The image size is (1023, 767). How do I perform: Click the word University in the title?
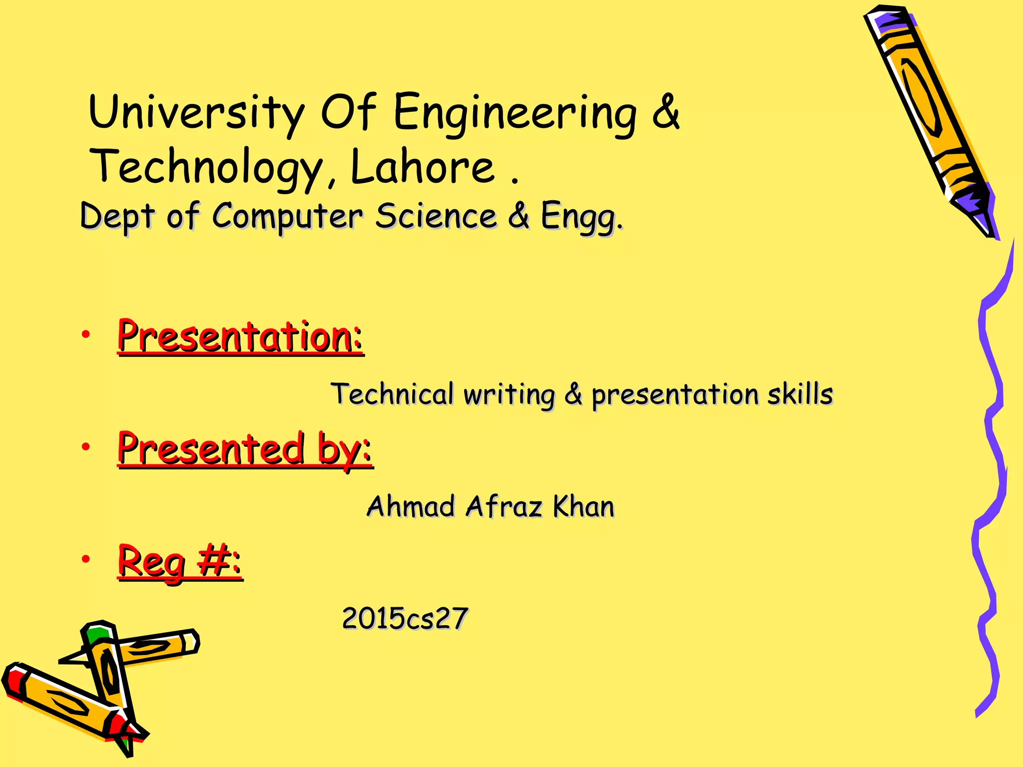(x=196, y=112)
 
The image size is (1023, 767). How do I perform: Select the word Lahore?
(x=422, y=167)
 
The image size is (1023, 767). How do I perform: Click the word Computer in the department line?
(x=287, y=217)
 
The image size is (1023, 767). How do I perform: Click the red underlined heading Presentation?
(x=240, y=337)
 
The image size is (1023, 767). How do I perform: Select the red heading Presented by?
(x=245, y=449)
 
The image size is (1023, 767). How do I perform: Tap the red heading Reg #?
(x=180, y=562)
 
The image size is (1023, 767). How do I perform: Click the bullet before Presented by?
(x=86, y=447)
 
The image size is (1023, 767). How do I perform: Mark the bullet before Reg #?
(x=86, y=559)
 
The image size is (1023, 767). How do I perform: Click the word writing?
(x=509, y=394)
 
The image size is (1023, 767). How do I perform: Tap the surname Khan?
(x=583, y=506)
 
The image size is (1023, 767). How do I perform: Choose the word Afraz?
(x=504, y=506)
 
